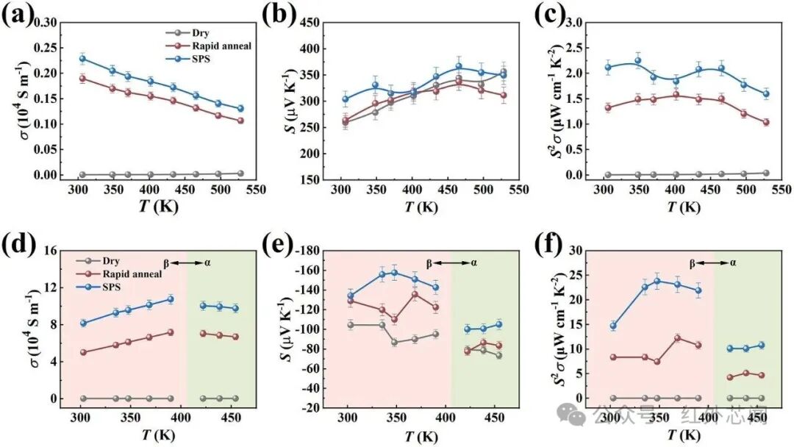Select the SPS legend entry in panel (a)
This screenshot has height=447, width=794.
coord(188,60)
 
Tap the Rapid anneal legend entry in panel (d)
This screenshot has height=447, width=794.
coord(120,274)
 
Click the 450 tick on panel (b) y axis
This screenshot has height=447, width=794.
coord(310,23)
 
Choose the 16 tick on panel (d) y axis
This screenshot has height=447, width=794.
coord(50,251)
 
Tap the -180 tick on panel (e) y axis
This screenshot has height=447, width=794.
coord(306,251)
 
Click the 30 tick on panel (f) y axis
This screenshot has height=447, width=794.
coord(575,251)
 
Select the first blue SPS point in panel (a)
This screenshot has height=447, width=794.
coord(83,59)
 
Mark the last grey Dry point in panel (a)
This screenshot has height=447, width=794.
coord(240,174)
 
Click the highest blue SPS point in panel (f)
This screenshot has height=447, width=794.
coord(657,281)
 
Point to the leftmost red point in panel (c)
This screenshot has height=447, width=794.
coord(608,107)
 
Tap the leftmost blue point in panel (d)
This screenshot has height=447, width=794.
coord(84,323)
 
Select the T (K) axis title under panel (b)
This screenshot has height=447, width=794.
coord(421,207)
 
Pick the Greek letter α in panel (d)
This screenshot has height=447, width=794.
coord(207,263)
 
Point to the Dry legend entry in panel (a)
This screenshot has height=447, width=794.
coord(187,33)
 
